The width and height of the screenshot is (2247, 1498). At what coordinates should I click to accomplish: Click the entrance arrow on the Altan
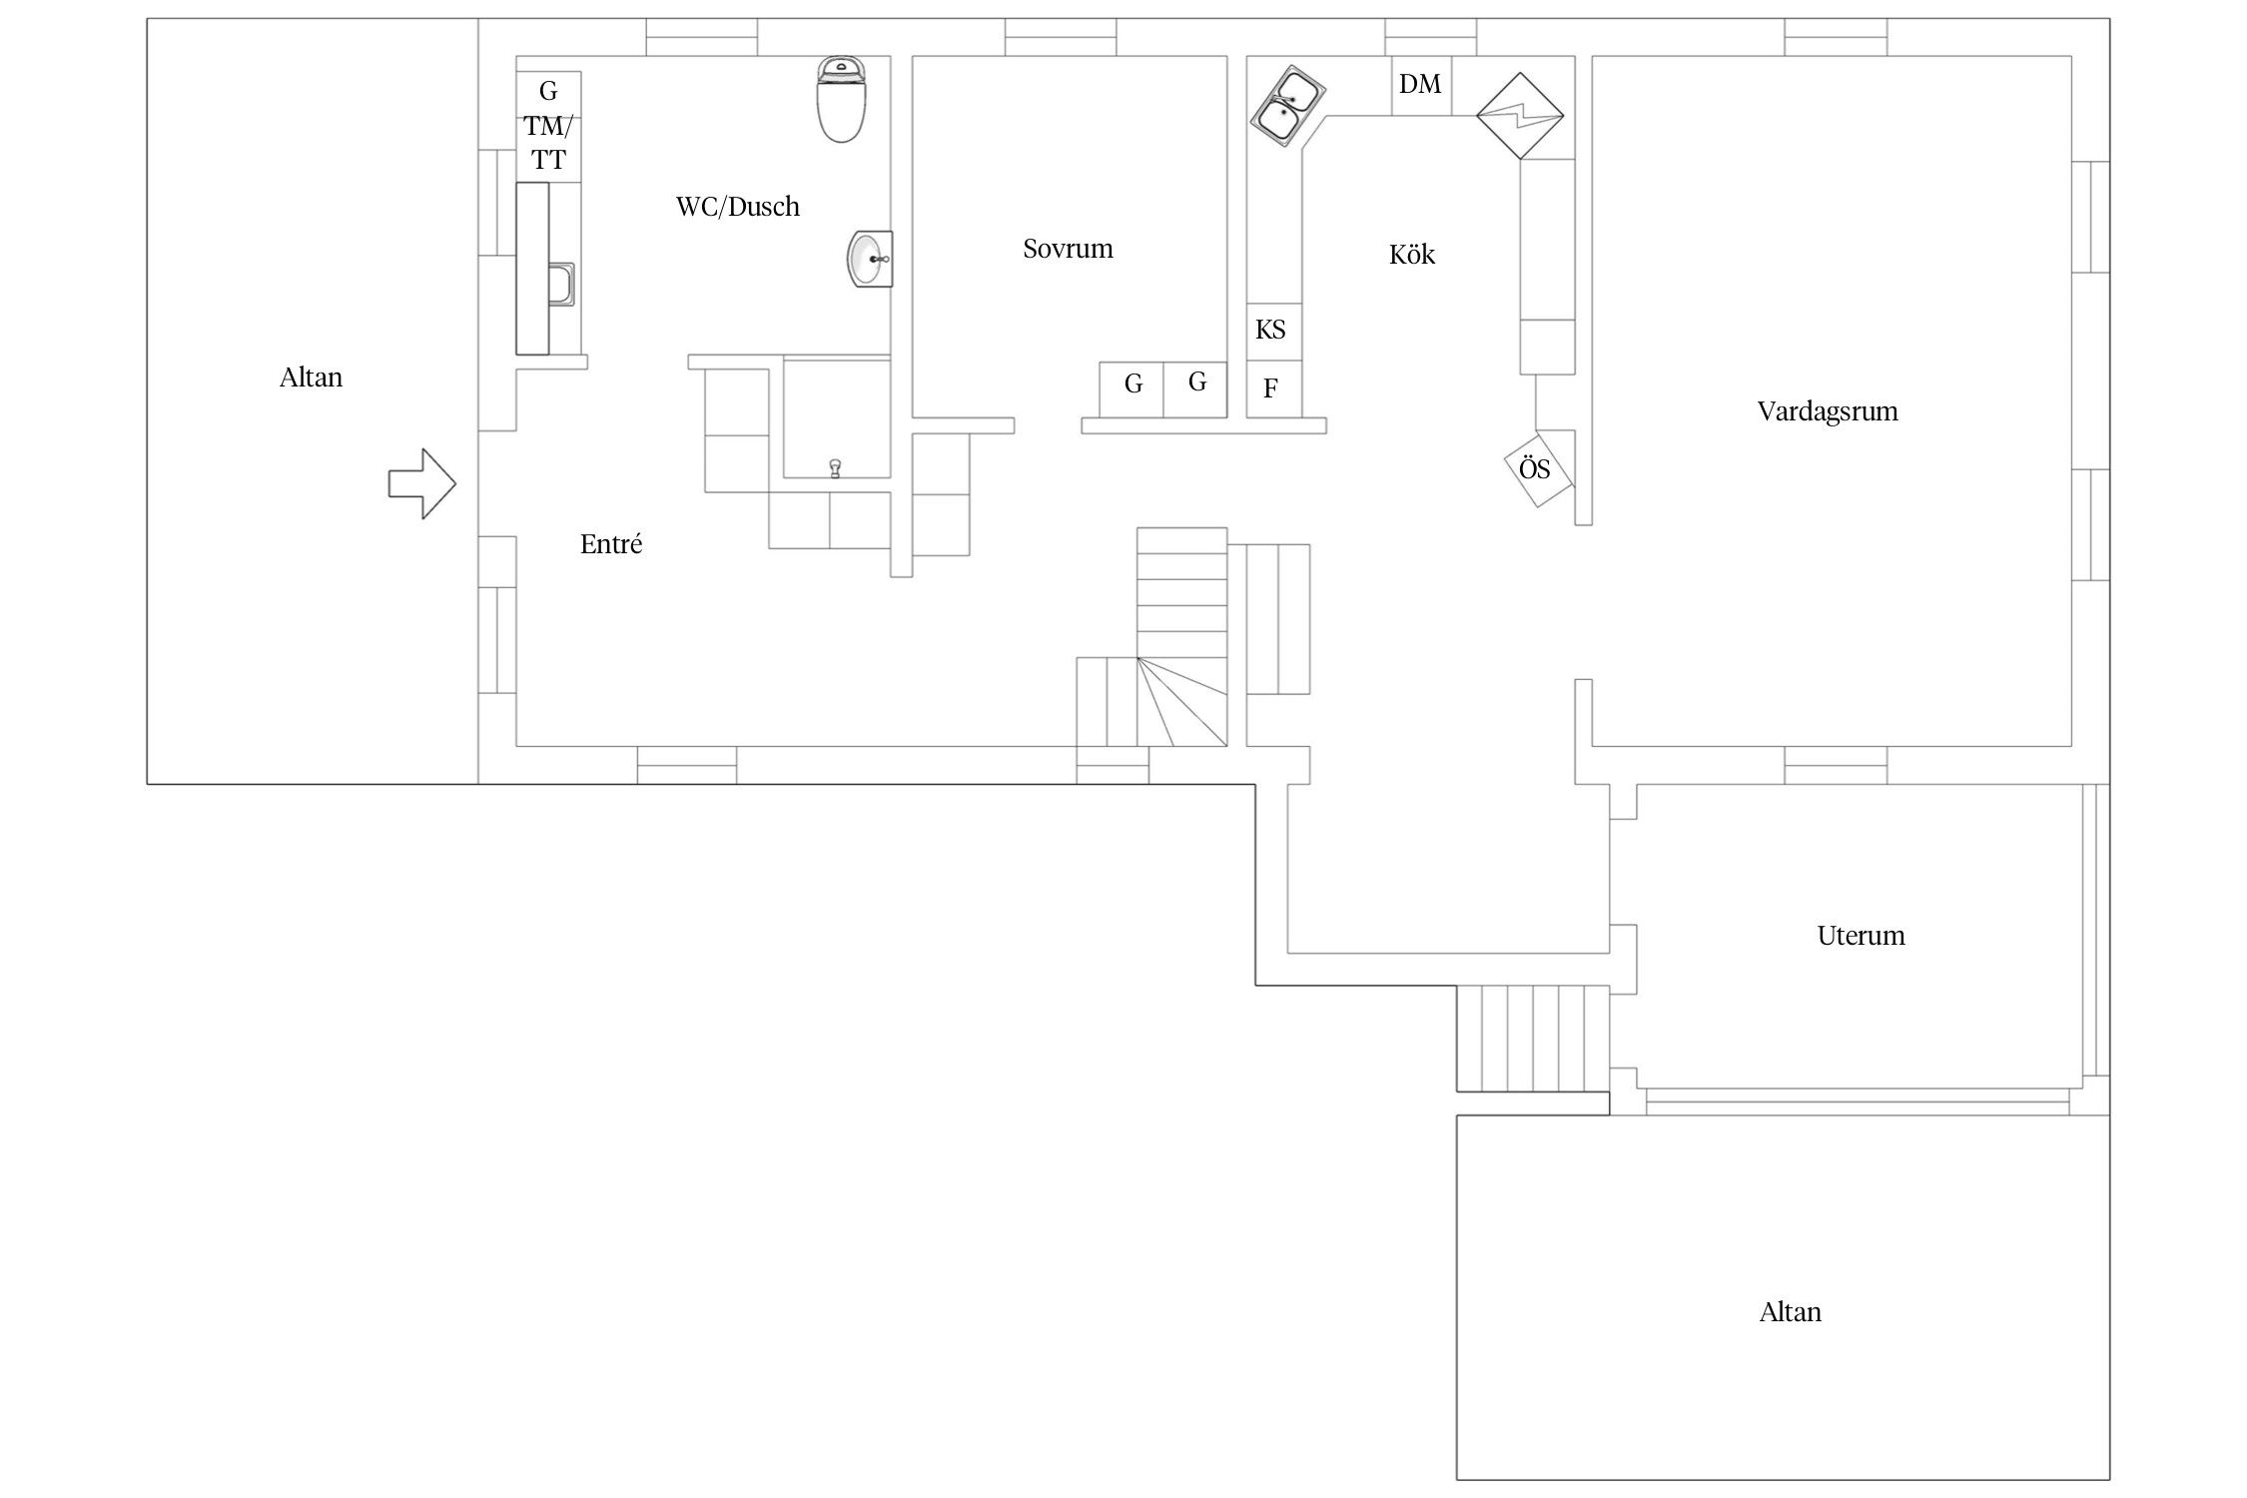click(x=422, y=483)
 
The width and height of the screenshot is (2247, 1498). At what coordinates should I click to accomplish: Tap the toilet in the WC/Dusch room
click(x=841, y=99)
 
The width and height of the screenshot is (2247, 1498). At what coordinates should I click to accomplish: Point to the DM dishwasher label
click(x=1420, y=84)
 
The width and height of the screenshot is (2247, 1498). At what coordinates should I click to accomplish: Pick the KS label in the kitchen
click(x=1270, y=330)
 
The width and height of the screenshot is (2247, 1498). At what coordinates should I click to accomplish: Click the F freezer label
click(x=1270, y=388)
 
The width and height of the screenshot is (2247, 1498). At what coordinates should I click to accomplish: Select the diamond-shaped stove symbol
click(x=1520, y=115)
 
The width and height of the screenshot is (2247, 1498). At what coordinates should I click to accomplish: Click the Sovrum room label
click(x=1068, y=249)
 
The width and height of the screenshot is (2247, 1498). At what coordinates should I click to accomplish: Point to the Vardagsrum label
click(x=1828, y=411)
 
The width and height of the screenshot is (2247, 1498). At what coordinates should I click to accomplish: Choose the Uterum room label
click(x=1861, y=936)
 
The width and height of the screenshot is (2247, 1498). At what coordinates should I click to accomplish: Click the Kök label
click(x=1412, y=254)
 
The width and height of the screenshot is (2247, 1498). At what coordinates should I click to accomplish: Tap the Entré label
click(x=611, y=544)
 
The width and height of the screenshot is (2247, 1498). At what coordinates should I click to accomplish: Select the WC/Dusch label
click(x=738, y=207)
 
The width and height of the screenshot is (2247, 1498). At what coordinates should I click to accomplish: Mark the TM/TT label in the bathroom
click(x=548, y=143)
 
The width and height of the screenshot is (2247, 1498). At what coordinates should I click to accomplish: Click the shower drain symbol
click(x=835, y=467)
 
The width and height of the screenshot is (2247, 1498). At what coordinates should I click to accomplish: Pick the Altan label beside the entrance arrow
click(x=311, y=377)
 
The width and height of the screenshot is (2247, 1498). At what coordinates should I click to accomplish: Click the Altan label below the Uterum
click(x=1791, y=1312)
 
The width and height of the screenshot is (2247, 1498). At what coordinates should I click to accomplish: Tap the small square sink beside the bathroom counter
click(x=561, y=284)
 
